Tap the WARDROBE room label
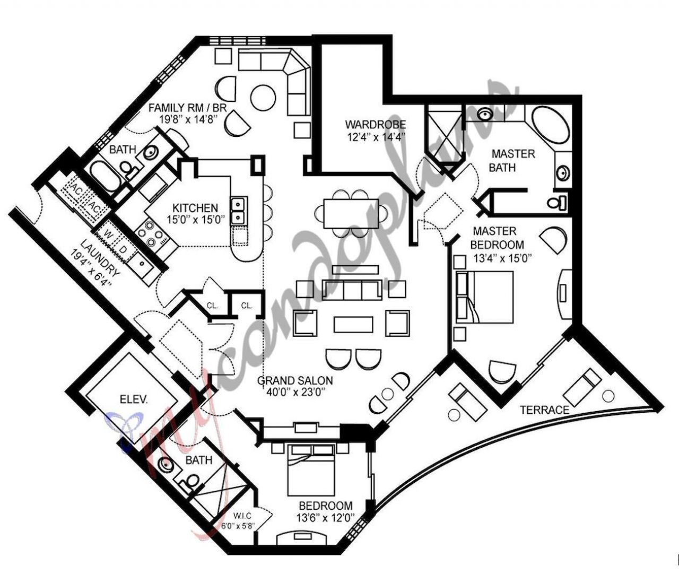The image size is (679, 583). [x=375, y=125]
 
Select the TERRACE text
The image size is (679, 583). [x=544, y=410]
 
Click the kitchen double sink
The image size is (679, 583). [x=238, y=210]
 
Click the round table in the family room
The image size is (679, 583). [x=263, y=98]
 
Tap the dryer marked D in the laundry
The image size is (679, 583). [x=124, y=249]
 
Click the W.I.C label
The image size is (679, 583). [x=241, y=515]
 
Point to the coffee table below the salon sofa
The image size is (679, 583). [x=353, y=324]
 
